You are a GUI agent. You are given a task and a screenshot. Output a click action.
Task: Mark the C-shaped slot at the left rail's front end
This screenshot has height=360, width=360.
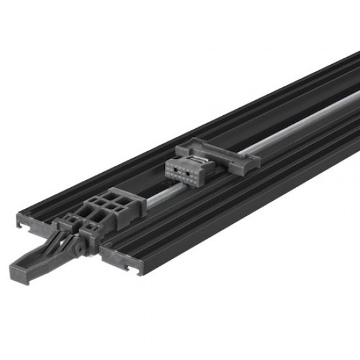[24, 226]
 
